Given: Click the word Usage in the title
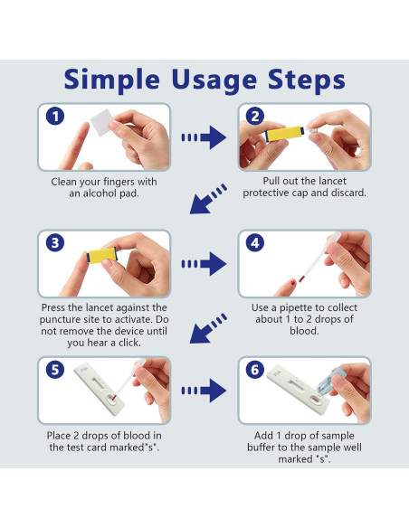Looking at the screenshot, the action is tap(214, 80).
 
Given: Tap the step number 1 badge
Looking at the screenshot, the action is tap(55, 117).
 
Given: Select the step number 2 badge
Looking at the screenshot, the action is tap(255, 117).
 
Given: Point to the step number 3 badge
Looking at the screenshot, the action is tap(55, 243).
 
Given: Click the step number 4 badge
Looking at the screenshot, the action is tap(255, 243).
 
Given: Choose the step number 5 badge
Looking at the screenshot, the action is tap(55, 370).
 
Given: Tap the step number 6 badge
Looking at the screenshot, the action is tap(255, 370).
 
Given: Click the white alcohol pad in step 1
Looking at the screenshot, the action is tap(102, 122).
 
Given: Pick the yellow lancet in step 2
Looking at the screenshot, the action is tap(285, 134).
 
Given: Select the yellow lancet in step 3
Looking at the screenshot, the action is tap(102, 255).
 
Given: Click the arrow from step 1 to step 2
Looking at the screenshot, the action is tap(204, 137).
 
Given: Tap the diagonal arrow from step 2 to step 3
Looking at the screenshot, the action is tap(207, 199).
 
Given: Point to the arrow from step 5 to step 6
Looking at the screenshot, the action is tap(204, 391).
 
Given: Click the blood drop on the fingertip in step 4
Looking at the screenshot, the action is tap(293, 282).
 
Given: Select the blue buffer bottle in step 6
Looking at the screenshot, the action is tap(326, 382).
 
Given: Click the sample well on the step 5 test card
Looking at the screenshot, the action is tap(111, 399).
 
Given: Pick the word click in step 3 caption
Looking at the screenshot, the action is tap(129, 343).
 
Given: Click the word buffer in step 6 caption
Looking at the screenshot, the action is tap(262, 448).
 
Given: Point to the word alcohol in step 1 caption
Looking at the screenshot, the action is tap(100, 193).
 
